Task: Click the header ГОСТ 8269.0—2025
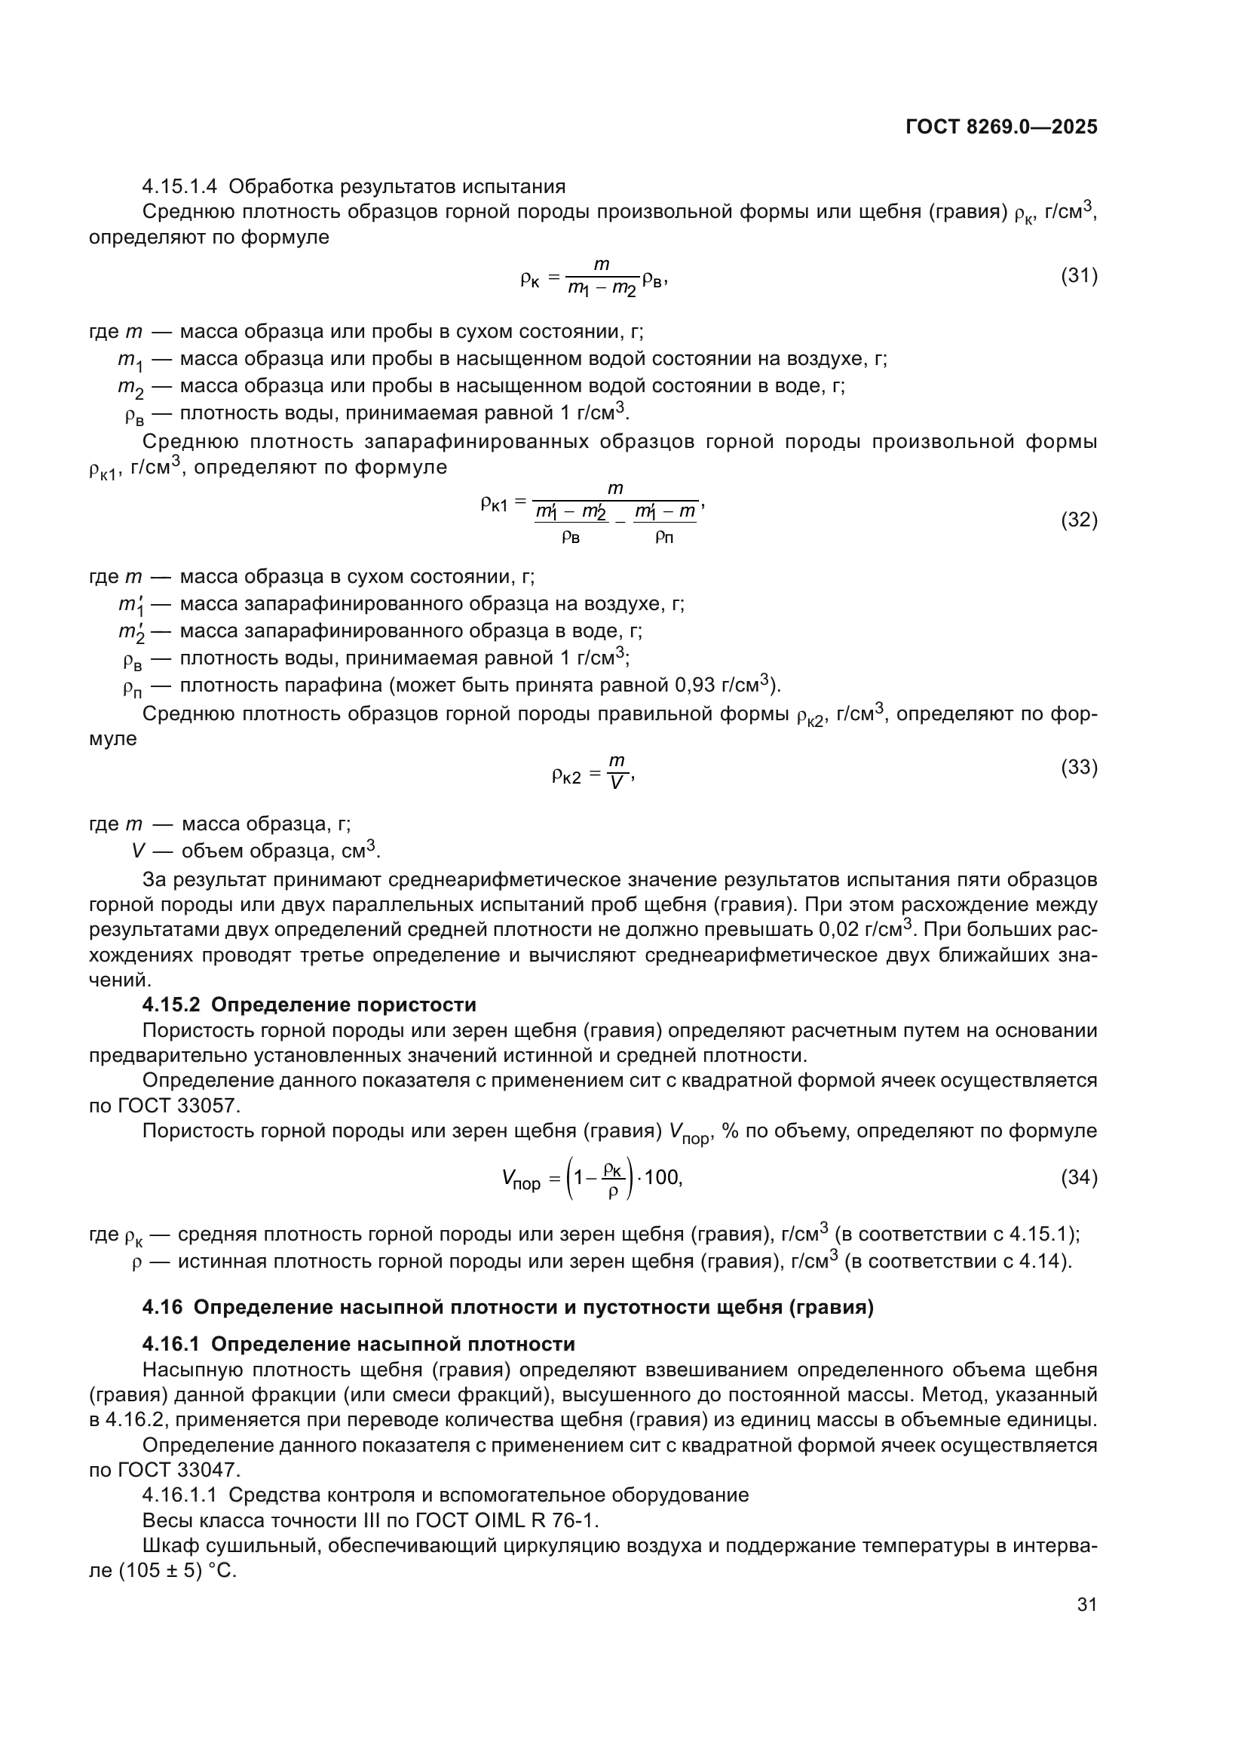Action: pos(1001,127)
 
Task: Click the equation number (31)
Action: pos(1079,276)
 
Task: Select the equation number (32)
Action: pos(1079,520)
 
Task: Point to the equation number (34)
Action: pos(1079,1177)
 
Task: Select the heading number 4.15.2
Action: pos(172,1005)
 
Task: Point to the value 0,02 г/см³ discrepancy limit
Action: pos(865,930)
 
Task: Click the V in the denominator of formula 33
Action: pos(616,783)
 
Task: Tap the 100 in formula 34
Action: pos(661,1177)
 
